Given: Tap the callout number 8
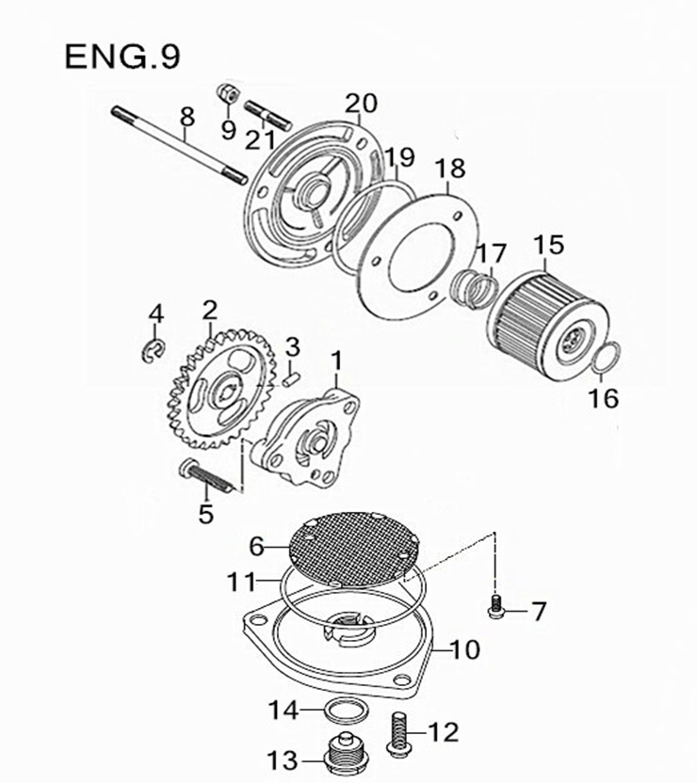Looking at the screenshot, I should (186, 117).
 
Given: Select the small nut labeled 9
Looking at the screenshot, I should (226, 93).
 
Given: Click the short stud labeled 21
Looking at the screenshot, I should (269, 116).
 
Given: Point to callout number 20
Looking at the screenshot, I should (361, 103).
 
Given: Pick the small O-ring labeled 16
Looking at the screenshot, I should (608, 359).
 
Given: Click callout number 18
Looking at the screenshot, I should (451, 169).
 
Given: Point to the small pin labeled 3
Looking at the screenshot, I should (291, 376).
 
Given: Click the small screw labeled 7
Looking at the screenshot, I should (495, 609).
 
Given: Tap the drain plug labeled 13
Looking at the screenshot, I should (342, 753).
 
